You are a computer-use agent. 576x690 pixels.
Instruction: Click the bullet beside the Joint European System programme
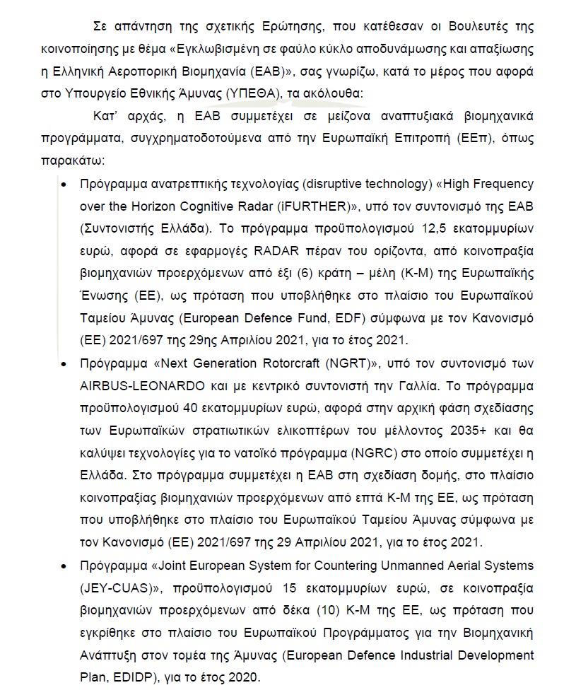(x=65, y=567)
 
